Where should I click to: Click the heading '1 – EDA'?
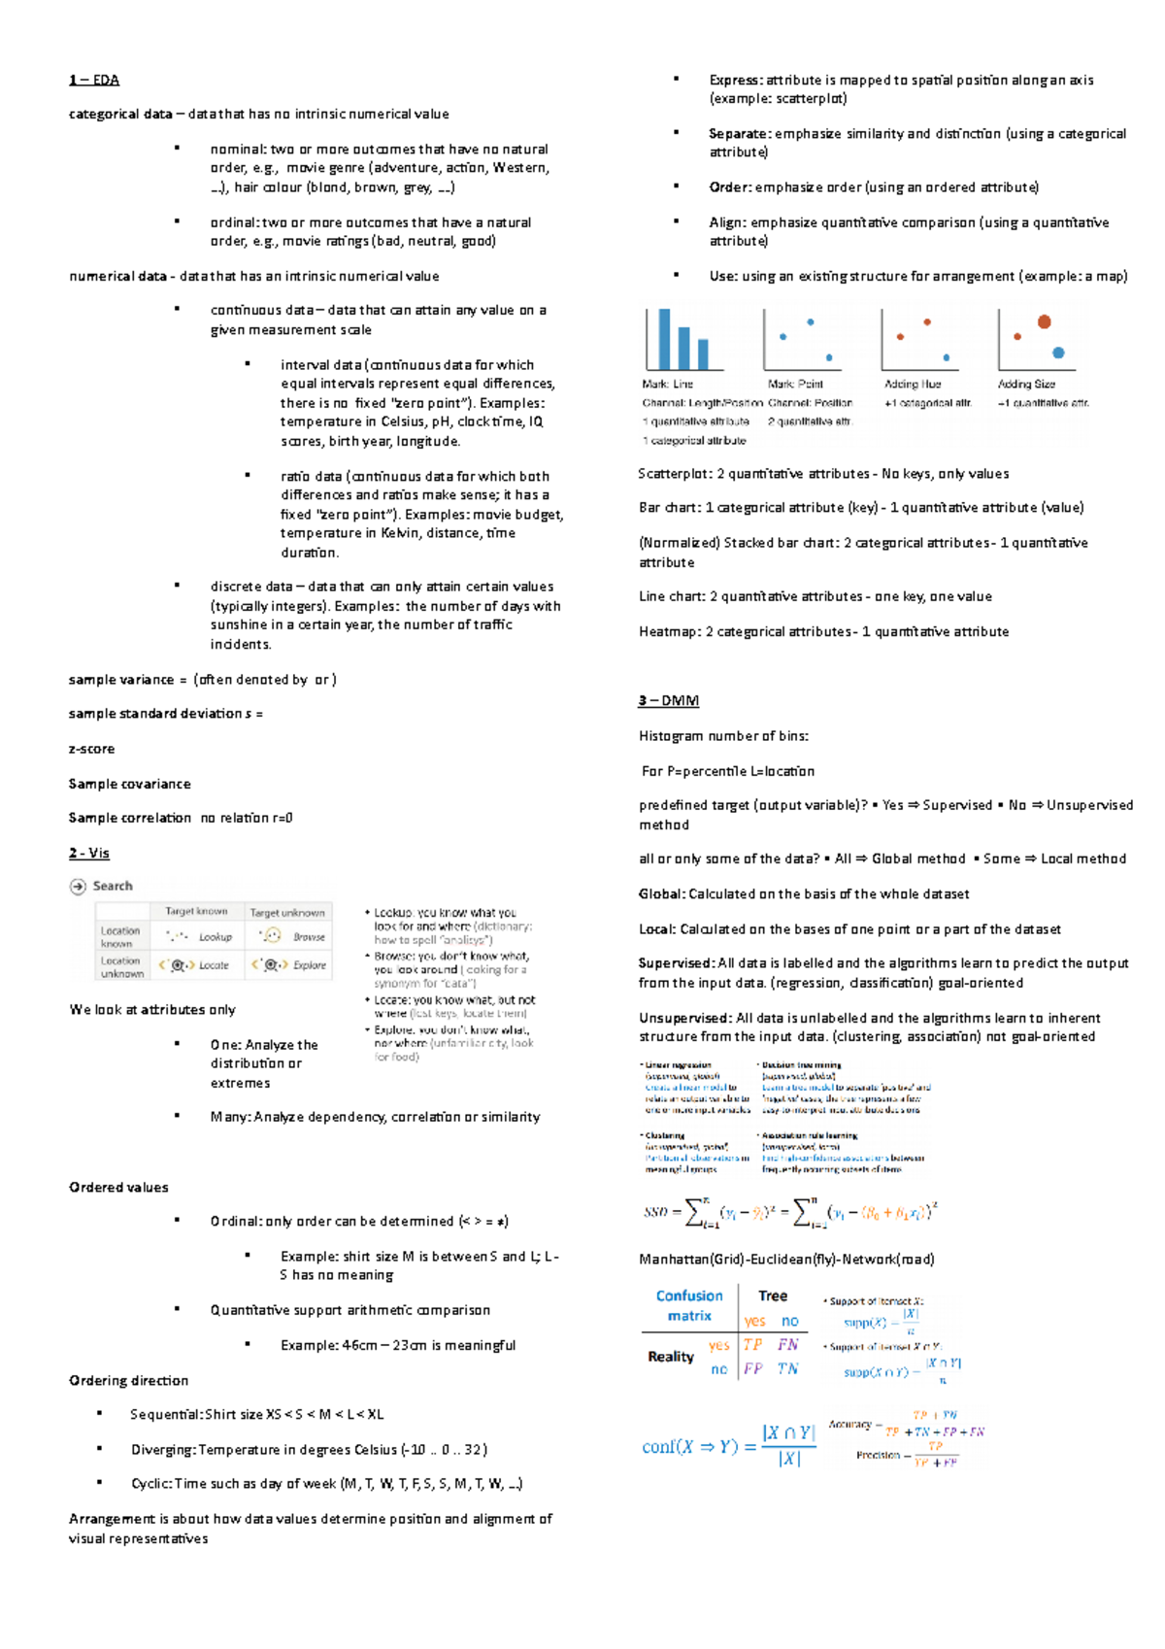[94, 80]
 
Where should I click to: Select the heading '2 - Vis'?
[89, 853]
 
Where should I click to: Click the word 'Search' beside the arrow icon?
[113, 886]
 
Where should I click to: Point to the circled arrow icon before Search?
[78, 886]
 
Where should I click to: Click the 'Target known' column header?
[196, 911]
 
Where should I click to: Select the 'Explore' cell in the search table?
[309, 965]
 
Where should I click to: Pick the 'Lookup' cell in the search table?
[215, 937]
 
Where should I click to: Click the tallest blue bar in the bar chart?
[665, 339]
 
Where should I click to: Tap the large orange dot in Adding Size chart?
[1044, 321]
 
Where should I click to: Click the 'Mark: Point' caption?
[795, 384]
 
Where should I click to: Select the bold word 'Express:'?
[735, 80]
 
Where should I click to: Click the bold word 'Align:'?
[727, 222]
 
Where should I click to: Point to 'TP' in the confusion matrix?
[752, 1345]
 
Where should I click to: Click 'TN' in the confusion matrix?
[787, 1368]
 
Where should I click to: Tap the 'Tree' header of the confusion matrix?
[773, 1296]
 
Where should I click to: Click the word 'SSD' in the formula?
[655, 1212]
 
